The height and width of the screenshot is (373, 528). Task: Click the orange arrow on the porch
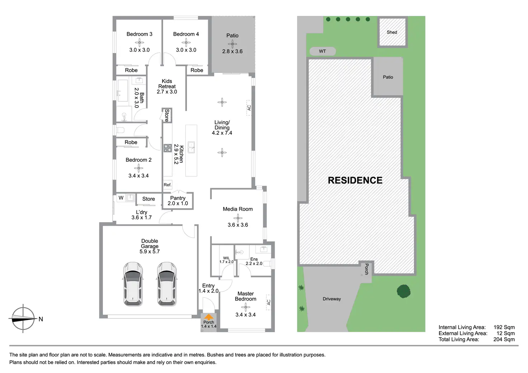(208, 317)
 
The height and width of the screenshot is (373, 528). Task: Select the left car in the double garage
(133, 284)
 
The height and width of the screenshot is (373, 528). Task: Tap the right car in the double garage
(166, 284)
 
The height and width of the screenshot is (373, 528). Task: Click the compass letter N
(41, 319)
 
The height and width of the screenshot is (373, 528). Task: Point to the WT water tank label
(322, 51)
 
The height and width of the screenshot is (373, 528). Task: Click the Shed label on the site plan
(392, 32)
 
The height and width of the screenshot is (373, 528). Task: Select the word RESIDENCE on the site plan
(355, 180)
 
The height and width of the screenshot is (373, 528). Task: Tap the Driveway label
(332, 299)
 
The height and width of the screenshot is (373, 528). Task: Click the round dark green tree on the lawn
(404, 291)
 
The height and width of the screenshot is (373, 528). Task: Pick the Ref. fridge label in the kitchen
(168, 185)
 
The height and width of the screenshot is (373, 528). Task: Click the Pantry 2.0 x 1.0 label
(178, 201)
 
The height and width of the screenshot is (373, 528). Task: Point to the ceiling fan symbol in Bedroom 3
(140, 42)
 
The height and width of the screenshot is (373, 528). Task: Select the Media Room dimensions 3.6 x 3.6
(238, 225)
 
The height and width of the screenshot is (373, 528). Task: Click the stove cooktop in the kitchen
(168, 148)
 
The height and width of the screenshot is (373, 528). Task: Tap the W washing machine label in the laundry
(121, 198)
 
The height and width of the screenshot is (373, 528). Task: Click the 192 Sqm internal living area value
(504, 327)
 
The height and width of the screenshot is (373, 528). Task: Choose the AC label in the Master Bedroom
(268, 302)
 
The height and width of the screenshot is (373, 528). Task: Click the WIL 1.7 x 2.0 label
(226, 260)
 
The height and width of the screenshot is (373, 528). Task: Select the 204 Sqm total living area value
(504, 339)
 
